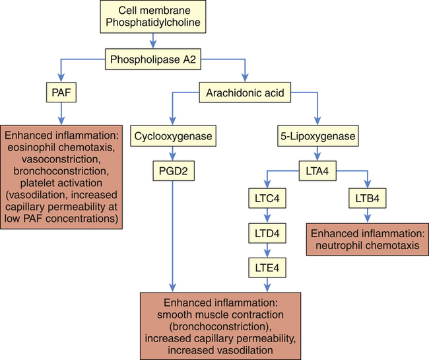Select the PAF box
click(x=62, y=94)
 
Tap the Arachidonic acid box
click(x=246, y=94)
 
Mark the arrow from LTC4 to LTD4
click(x=267, y=216)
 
